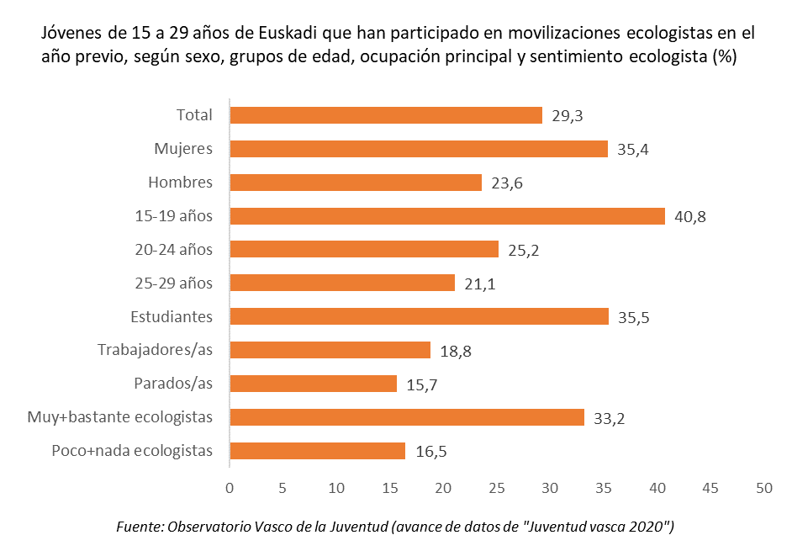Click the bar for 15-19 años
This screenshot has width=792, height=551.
point(446,216)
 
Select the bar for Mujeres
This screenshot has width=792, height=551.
point(418,149)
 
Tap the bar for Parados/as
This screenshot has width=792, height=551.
point(313,384)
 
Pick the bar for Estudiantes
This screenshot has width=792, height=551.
point(419,316)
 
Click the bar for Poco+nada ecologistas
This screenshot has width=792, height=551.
point(317,451)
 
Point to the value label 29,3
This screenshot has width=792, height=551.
point(568,116)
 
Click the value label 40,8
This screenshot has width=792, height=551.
point(690,216)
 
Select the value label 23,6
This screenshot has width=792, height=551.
point(507,183)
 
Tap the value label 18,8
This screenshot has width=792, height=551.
point(455,351)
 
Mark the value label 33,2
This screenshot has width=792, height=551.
point(610,417)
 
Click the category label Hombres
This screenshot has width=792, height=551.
point(180,183)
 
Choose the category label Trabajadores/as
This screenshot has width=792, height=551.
point(155,350)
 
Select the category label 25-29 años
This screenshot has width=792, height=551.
point(174,283)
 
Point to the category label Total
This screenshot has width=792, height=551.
point(194,115)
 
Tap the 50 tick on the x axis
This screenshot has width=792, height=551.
point(763,488)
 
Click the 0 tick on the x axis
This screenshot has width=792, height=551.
point(230,488)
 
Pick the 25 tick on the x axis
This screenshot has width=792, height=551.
point(497,488)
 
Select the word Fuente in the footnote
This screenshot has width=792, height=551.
point(139,527)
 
